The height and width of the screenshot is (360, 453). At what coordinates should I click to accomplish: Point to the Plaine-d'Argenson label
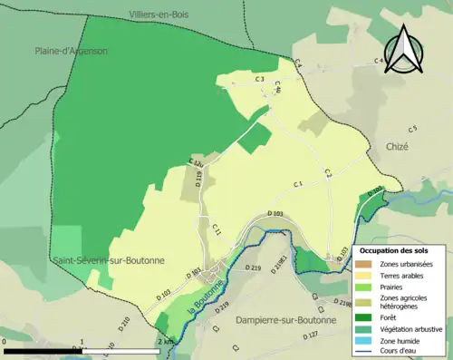tap(71, 52)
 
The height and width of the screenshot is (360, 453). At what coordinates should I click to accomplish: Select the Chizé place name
tap(397, 146)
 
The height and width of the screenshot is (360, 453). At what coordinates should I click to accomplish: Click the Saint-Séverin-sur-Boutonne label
tap(109, 260)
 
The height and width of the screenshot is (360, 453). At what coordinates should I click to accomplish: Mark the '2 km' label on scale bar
tap(164, 340)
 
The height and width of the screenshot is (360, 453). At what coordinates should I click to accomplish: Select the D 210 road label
tap(124, 323)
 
